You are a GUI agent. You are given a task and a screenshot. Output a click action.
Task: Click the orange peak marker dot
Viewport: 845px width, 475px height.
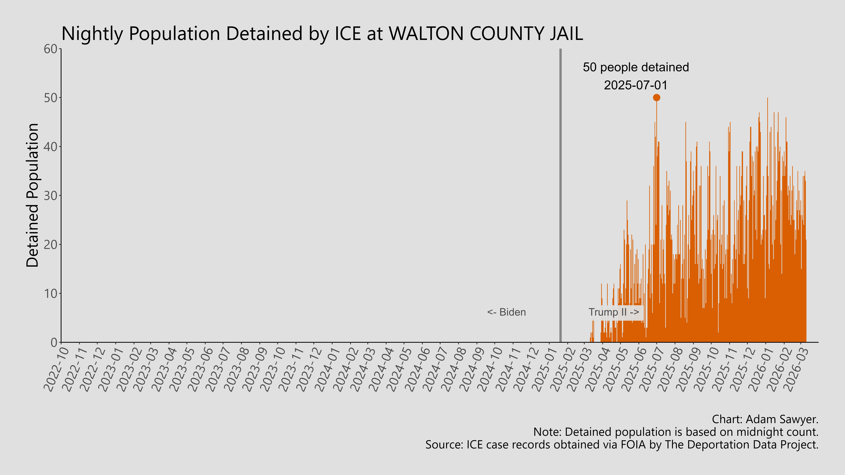656,98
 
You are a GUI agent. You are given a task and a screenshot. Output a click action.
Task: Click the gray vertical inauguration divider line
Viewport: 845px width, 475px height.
560,197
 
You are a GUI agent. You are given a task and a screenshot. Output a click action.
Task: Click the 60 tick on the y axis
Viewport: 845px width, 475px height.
51,49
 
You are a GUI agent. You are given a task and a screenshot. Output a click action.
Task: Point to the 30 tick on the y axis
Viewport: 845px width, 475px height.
51,196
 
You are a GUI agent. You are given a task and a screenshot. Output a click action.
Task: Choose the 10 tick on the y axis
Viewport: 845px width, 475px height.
51,293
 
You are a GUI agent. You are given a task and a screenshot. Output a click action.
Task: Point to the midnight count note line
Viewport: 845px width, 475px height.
676,432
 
